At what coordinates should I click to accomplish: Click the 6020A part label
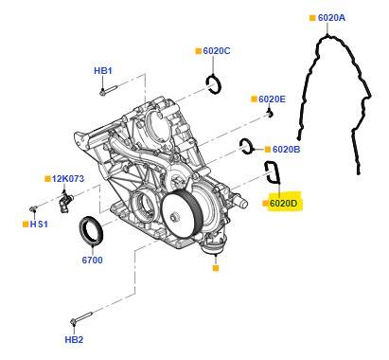point(331,18)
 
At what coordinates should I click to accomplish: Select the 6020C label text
point(217,51)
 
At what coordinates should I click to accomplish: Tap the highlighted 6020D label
point(284,204)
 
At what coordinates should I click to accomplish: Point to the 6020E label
point(272,99)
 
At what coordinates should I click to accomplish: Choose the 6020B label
point(286,150)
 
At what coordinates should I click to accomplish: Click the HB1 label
point(103,71)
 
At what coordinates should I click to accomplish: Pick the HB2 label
point(74,340)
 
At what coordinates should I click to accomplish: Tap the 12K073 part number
point(68,179)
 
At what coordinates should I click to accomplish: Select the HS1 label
point(39,225)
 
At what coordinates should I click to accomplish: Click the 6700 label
point(92,261)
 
